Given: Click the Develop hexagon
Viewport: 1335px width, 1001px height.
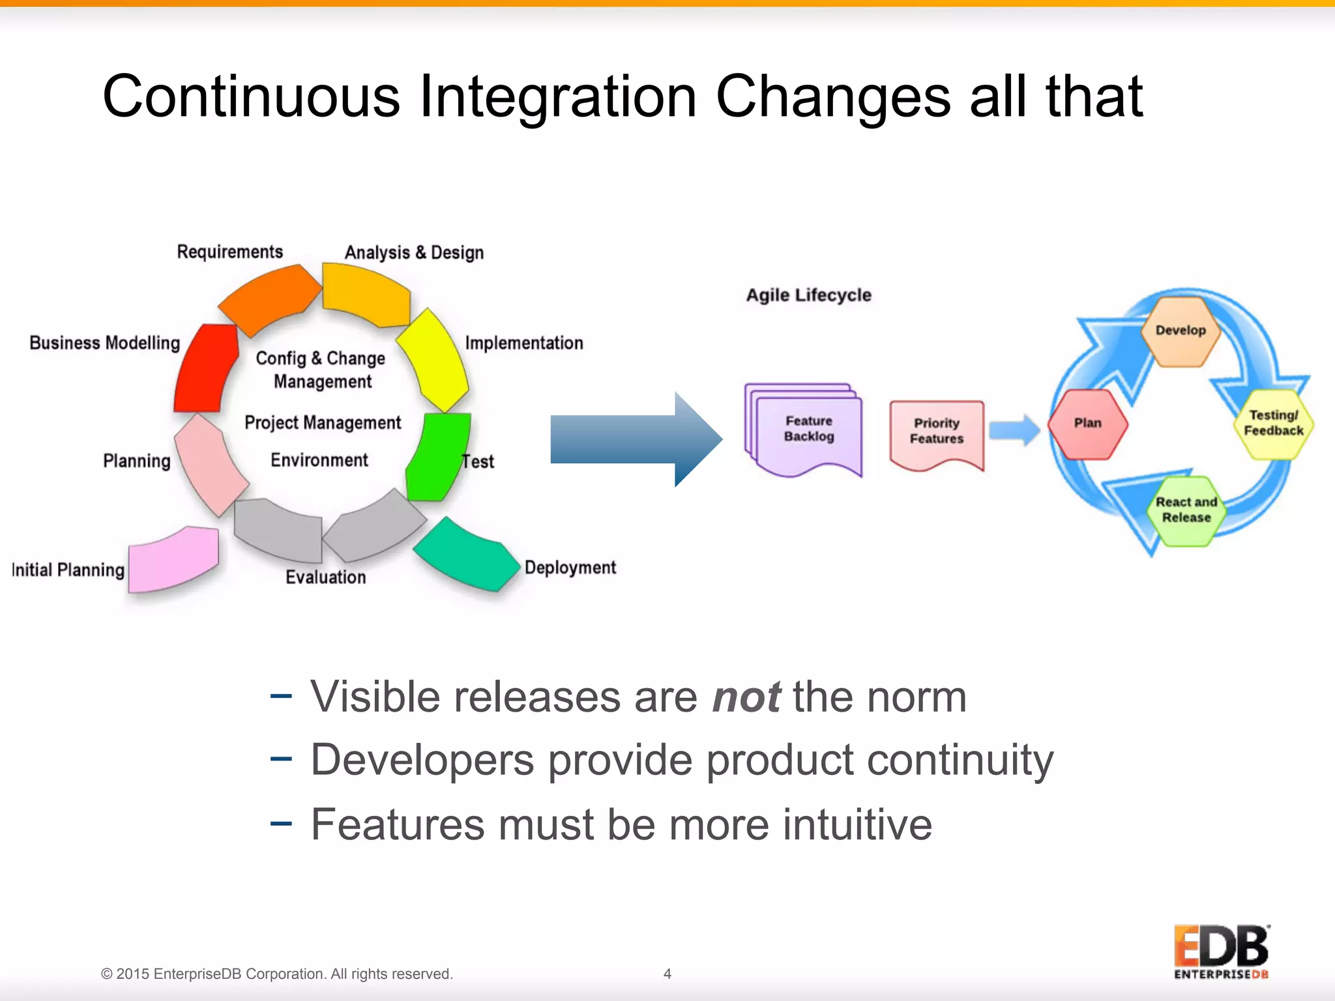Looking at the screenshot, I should point(1181,331).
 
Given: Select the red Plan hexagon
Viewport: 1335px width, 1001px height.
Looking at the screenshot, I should point(1087,424).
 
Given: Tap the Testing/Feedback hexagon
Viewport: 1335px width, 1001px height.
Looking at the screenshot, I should point(1273,424).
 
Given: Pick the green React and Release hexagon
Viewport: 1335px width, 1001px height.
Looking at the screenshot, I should point(1186,510).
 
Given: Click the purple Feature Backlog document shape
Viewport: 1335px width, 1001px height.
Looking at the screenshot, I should point(807,430).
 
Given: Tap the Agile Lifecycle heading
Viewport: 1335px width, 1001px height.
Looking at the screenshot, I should point(808,295).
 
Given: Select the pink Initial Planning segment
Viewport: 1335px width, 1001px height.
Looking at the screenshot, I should point(173,559).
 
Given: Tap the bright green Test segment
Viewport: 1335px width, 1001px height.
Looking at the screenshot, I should point(437,456).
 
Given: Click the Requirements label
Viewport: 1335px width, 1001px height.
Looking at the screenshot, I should point(229,252).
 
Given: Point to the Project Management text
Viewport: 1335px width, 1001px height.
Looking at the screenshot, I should point(323,422).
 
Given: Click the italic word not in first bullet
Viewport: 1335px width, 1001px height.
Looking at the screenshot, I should point(746,697).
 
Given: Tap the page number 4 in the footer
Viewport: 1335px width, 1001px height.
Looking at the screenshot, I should point(667,974).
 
